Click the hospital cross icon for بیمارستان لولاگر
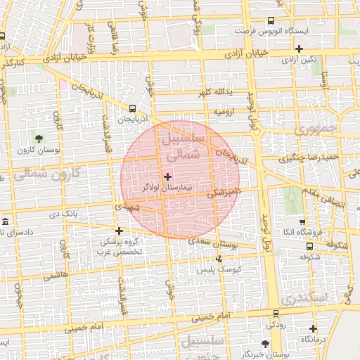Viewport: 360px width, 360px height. (x=167, y=176)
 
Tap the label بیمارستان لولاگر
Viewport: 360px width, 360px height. (x=167, y=188)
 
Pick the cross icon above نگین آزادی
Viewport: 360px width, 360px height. (x=300, y=49)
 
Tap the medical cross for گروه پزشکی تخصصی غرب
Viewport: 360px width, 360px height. (x=120, y=231)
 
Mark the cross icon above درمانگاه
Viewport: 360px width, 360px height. (x=313, y=328)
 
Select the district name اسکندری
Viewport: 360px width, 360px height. (x=328, y=297)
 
